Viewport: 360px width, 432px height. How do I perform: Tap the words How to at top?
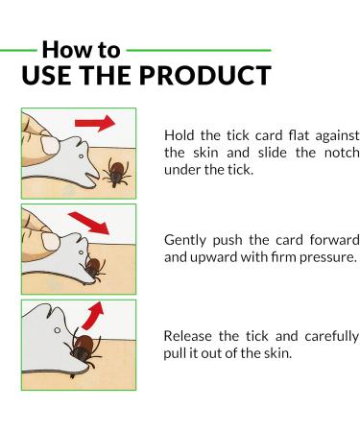coord(82,49)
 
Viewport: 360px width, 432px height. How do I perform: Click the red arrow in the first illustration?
coord(95,124)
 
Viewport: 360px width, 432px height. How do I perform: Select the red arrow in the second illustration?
coord(97,225)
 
